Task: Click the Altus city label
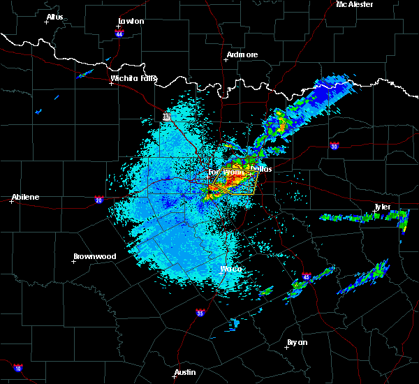click(54, 17)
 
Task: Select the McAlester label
click(354, 5)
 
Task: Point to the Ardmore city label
click(242, 54)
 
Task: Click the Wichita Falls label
click(133, 78)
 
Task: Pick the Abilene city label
click(24, 197)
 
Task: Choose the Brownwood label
click(95, 256)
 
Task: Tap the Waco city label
click(231, 269)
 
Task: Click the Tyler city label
click(381, 207)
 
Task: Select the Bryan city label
click(297, 342)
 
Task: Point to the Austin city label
click(185, 372)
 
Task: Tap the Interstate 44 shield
click(119, 33)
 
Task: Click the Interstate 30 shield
click(335, 146)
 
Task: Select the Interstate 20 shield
click(99, 199)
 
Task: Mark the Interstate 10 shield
click(17, 367)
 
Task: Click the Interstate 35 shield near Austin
click(200, 312)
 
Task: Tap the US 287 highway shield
click(167, 117)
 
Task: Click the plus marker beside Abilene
click(12, 202)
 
